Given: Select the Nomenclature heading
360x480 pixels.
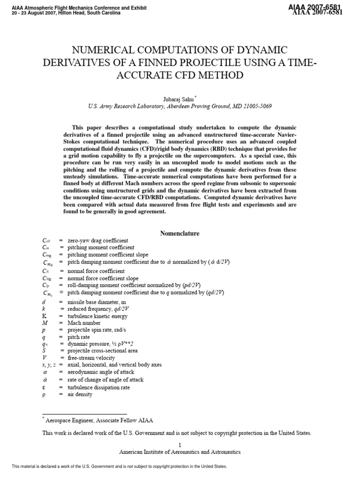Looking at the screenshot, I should (x=180, y=233).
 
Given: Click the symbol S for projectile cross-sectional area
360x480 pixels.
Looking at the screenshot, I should (x=44, y=351).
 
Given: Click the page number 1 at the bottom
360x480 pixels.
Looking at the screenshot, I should (x=180, y=445).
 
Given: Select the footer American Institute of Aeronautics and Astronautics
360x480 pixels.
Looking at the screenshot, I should (x=180, y=452).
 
